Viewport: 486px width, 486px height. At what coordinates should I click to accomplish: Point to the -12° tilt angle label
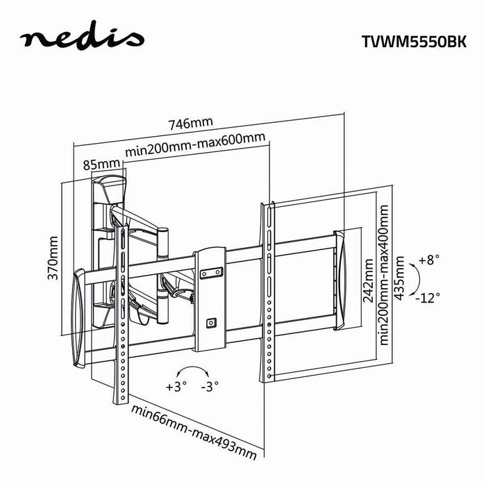click(429, 296)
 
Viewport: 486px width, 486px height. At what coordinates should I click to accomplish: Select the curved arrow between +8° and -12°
click(414, 279)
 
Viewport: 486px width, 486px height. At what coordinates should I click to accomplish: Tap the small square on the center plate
click(210, 321)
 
